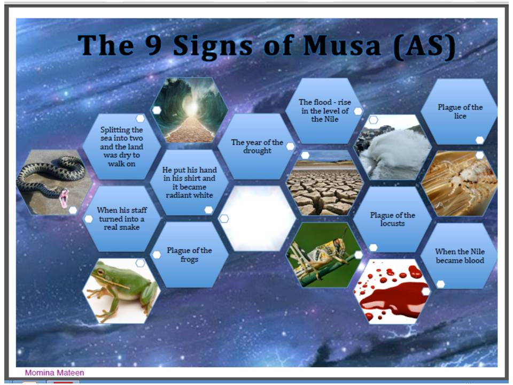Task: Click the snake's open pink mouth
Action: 64,198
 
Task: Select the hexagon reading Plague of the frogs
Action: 189,255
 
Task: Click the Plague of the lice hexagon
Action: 460,111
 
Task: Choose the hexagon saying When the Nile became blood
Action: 460,256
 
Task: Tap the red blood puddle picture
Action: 392,291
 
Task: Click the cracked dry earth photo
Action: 324,183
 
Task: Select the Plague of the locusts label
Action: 392,219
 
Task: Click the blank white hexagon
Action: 257,218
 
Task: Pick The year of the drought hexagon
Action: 257,147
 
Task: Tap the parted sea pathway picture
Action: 189,110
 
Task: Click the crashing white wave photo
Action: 392,148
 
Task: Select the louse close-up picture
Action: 460,183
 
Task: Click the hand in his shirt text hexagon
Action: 189,182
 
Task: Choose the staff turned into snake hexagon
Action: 122,218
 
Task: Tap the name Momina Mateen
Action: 55,373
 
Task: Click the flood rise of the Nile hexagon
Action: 324,111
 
